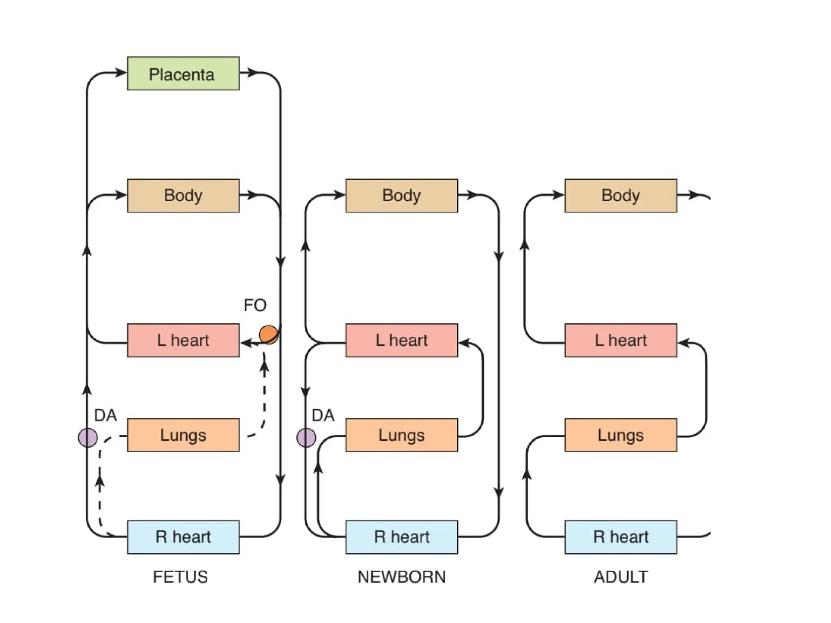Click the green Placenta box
[x=183, y=73]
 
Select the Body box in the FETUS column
[x=183, y=195]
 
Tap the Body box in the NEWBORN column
[x=401, y=195]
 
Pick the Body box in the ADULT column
[x=620, y=195]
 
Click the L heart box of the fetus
[x=183, y=340]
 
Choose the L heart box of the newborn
[x=401, y=340]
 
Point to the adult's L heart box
[x=620, y=340]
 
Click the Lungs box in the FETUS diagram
[x=183, y=435]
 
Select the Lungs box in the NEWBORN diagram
[x=401, y=435]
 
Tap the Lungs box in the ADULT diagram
[x=620, y=435]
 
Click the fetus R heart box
[x=183, y=537]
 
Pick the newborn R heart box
[x=401, y=537]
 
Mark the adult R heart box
[x=620, y=537]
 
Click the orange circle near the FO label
[x=269, y=335]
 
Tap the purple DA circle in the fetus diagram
[x=88, y=438]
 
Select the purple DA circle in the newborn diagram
[x=306, y=438]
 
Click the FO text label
[x=255, y=305]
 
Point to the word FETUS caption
[x=180, y=577]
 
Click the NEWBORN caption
[x=401, y=577]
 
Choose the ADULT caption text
[x=621, y=577]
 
